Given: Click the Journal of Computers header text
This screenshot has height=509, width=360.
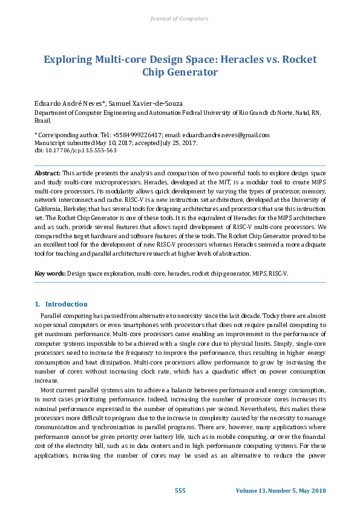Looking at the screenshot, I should [x=179, y=19].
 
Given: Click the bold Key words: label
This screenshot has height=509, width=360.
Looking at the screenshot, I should [x=50, y=274].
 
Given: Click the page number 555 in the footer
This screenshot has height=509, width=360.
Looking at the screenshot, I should [x=180, y=490].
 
